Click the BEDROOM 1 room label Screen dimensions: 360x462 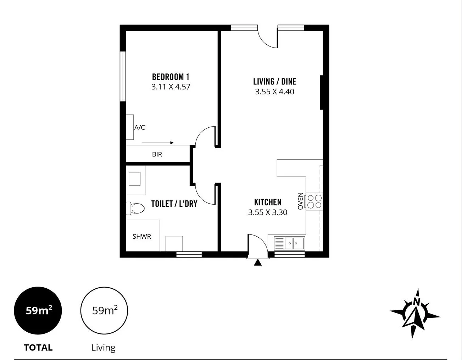[171, 77]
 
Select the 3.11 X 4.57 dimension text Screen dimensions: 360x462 [171, 87]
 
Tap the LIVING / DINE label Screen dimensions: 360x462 [274, 81]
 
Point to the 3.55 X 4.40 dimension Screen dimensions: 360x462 [274, 92]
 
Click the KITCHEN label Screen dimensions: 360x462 [268, 202]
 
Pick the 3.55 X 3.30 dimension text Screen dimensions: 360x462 [268, 212]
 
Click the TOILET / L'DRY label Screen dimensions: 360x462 [174, 204]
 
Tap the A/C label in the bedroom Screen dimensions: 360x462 [139, 128]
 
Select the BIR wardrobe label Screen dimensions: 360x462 [157, 154]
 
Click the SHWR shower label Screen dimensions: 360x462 [141, 237]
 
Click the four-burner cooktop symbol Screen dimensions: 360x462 [314, 201]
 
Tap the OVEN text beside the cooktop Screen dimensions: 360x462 [301, 201]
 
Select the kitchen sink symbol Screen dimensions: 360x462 [289, 243]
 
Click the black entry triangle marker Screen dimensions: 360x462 [258, 262]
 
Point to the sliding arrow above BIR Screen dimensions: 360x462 [158, 143]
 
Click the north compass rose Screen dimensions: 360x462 [415, 313]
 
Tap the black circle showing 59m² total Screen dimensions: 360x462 [38, 311]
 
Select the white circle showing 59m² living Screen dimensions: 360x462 [104, 311]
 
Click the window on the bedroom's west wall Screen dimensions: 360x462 [123, 76]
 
